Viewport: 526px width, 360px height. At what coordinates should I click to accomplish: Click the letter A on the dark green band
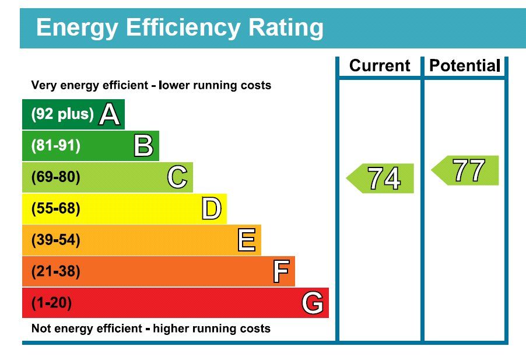click(110, 114)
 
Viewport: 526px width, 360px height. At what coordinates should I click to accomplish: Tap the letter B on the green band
click(143, 146)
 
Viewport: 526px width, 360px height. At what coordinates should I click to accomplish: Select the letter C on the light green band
click(177, 177)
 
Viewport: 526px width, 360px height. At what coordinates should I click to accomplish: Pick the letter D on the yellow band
click(211, 209)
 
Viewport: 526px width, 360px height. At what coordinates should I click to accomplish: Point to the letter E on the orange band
click(247, 240)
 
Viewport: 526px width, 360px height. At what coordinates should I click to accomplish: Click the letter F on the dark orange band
click(281, 272)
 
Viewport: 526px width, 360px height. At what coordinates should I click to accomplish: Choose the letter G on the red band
click(313, 303)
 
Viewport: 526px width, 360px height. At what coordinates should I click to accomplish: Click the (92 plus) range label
click(62, 114)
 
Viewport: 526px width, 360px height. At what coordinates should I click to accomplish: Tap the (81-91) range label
click(56, 146)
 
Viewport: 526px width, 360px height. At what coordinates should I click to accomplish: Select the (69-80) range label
click(56, 177)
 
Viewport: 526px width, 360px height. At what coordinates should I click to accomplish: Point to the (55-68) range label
click(56, 209)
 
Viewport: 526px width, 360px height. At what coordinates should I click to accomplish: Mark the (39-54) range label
click(56, 240)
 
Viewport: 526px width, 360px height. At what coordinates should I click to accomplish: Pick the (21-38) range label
click(56, 272)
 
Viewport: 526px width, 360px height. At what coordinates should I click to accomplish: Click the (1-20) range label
click(52, 303)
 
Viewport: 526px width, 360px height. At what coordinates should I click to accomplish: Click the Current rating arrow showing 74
click(382, 179)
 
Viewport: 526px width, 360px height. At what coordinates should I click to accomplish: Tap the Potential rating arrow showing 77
click(467, 170)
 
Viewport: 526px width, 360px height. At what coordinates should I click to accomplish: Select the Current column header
click(380, 66)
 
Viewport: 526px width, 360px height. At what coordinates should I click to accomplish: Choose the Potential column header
click(464, 66)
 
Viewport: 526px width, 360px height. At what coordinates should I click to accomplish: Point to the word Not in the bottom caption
click(41, 328)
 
